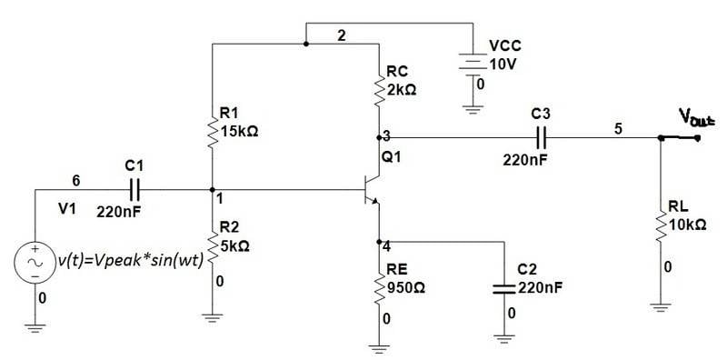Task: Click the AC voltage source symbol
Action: click(35, 262)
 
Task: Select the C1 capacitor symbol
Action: click(134, 190)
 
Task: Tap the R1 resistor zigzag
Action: click(212, 132)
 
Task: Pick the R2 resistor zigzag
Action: click(212, 247)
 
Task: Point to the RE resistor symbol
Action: click(379, 287)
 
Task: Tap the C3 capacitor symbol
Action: click(541, 137)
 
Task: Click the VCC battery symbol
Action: click(473, 66)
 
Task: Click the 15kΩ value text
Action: click(239, 132)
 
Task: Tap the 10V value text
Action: click(503, 65)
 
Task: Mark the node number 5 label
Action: click(618, 129)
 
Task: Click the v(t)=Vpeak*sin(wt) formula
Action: click(131, 261)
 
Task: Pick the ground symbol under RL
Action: click(661, 307)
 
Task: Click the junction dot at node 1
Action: click(212, 190)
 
